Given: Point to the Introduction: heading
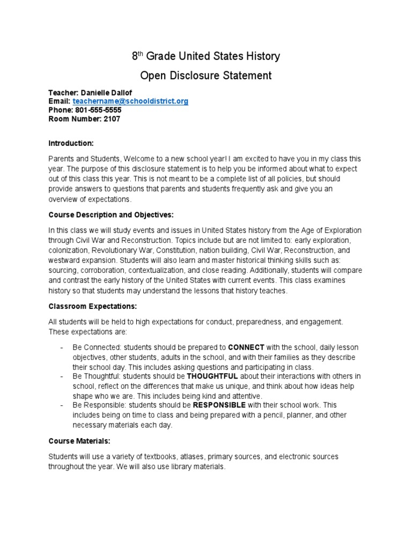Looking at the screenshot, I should tap(71, 143).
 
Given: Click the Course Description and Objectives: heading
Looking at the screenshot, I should tap(111, 215).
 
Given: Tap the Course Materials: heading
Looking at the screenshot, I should tap(79, 441).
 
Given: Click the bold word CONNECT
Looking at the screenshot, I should tap(246, 347).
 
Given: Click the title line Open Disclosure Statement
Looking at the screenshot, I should tap(206, 76).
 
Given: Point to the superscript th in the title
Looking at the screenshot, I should tap(142, 53).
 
